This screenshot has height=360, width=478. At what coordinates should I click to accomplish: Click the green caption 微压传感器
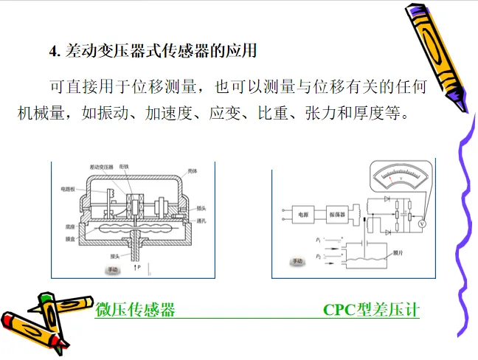(x=136, y=310)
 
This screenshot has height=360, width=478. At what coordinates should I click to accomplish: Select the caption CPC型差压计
(x=371, y=310)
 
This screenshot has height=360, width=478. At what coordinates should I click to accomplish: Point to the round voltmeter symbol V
(x=421, y=221)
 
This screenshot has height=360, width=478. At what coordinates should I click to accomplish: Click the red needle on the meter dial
(x=389, y=178)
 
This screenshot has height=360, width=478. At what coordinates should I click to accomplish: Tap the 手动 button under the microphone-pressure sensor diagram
(x=112, y=270)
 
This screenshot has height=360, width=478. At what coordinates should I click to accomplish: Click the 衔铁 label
(x=123, y=167)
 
